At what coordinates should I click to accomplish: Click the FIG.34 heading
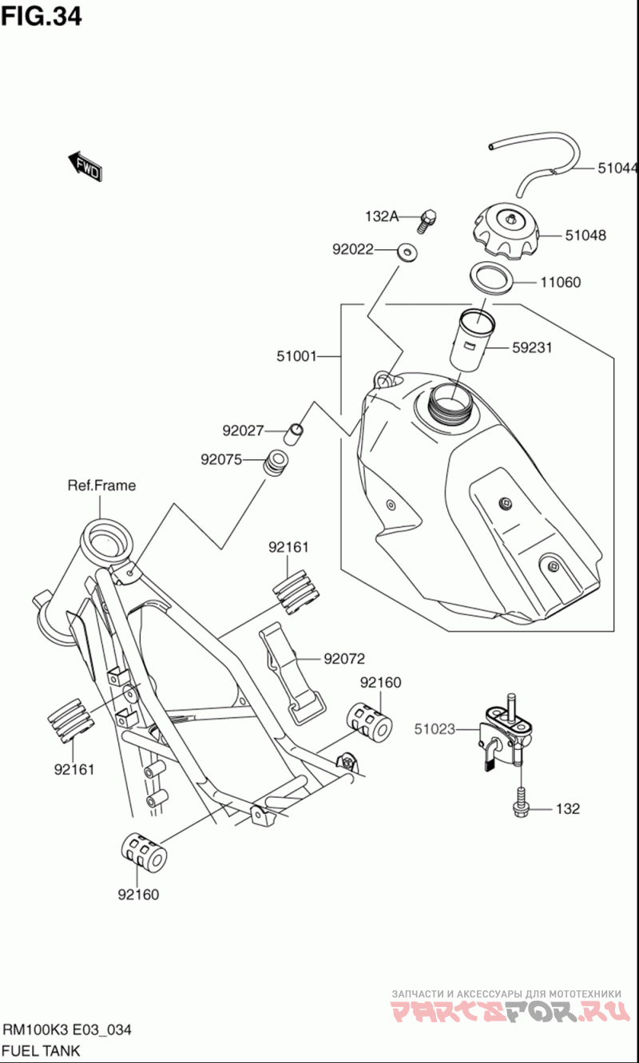pyautogui.click(x=42, y=16)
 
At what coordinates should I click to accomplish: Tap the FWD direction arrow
pyautogui.click(x=85, y=167)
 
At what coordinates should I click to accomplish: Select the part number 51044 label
pyautogui.click(x=617, y=168)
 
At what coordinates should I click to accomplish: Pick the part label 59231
pyautogui.click(x=532, y=348)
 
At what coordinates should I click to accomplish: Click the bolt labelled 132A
pyautogui.click(x=427, y=220)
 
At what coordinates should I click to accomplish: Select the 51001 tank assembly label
pyautogui.click(x=296, y=356)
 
